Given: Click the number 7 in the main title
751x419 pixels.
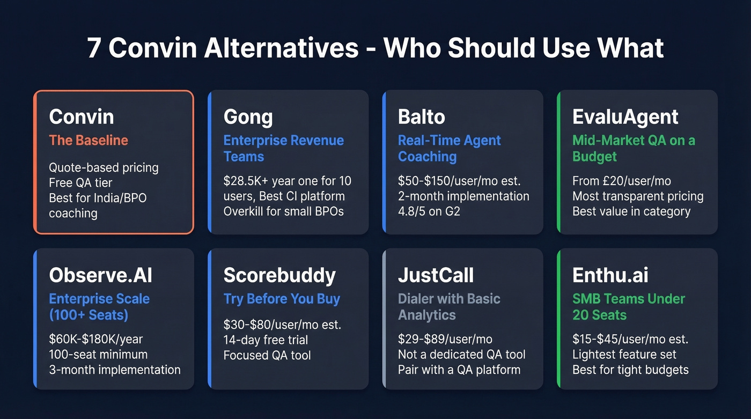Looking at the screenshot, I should tap(94, 48).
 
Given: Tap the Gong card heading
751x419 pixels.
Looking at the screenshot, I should tap(248, 117).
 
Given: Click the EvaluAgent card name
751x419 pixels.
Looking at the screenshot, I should tap(625, 117).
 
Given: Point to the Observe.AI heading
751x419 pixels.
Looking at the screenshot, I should tap(100, 275).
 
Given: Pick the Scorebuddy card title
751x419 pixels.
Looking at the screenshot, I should tap(279, 275).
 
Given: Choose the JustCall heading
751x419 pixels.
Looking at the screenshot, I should tap(436, 275).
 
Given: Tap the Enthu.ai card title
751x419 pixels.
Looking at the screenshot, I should tap(610, 275).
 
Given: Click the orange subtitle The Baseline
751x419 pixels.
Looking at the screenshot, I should tap(89, 141).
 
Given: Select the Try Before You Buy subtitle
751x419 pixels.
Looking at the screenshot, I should tap(282, 299).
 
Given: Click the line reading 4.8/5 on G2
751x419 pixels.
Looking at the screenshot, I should tap(429, 211).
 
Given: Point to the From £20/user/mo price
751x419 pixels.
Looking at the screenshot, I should tap(621, 181).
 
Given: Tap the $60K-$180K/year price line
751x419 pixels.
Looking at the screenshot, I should tap(96, 340).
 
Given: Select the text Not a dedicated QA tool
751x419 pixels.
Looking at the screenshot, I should tap(461, 355).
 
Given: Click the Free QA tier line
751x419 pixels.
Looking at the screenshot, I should tap(81, 183).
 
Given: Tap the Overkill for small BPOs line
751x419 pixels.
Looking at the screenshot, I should tap(283, 211).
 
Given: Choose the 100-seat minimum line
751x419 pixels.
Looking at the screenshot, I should tap(98, 355).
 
